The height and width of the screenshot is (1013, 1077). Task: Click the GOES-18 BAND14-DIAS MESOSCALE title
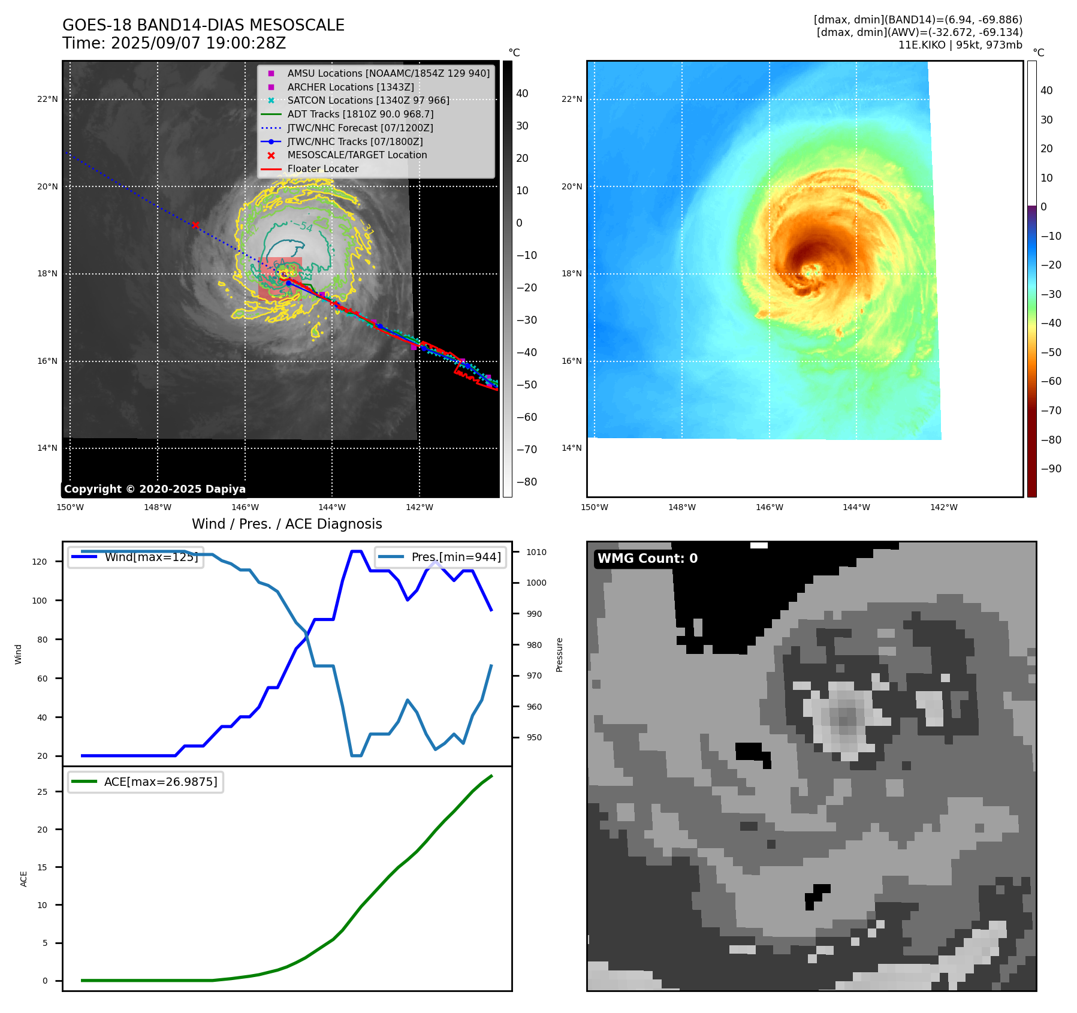(x=203, y=25)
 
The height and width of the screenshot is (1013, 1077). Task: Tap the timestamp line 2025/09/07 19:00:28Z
(x=174, y=43)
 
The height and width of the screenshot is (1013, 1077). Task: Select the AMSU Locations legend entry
(x=388, y=73)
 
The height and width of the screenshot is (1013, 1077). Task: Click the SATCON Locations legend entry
(x=368, y=100)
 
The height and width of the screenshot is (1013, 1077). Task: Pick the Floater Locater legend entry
(x=322, y=168)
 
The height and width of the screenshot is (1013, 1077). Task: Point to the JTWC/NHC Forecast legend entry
(x=360, y=128)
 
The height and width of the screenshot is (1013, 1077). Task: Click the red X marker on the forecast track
(x=195, y=225)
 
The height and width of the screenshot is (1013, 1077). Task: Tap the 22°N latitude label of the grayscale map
(x=47, y=99)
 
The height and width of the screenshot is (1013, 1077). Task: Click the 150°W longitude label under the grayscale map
(x=70, y=507)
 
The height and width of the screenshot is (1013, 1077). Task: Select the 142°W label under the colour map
(x=943, y=507)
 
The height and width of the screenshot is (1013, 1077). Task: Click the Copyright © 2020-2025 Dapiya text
(x=155, y=489)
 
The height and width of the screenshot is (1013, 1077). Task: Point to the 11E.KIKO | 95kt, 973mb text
(x=960, y=45)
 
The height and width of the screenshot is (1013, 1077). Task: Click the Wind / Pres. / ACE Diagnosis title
(x=286, y=524)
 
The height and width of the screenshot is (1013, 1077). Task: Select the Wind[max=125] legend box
(x=135, y=557)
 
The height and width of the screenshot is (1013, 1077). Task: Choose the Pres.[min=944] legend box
(x=441, y=557)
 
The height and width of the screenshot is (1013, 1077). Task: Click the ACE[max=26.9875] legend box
(x=146, y=782)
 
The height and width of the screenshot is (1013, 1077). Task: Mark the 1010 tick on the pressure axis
(x=536, y=552)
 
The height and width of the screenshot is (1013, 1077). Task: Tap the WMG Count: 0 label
(x=647, y=559)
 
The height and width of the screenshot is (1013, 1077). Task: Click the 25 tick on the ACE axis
(x=42, y=792)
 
